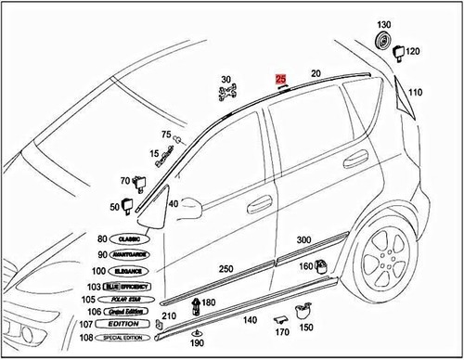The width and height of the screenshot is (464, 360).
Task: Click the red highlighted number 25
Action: (281, 81)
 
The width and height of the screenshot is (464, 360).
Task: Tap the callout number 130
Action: (384, 24)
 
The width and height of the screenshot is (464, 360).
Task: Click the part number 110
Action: (414, 92)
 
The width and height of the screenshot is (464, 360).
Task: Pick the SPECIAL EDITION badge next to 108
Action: (130, 339)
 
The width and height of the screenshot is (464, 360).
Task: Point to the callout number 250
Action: (226, 268)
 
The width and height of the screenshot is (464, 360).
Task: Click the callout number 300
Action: (303, 239)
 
